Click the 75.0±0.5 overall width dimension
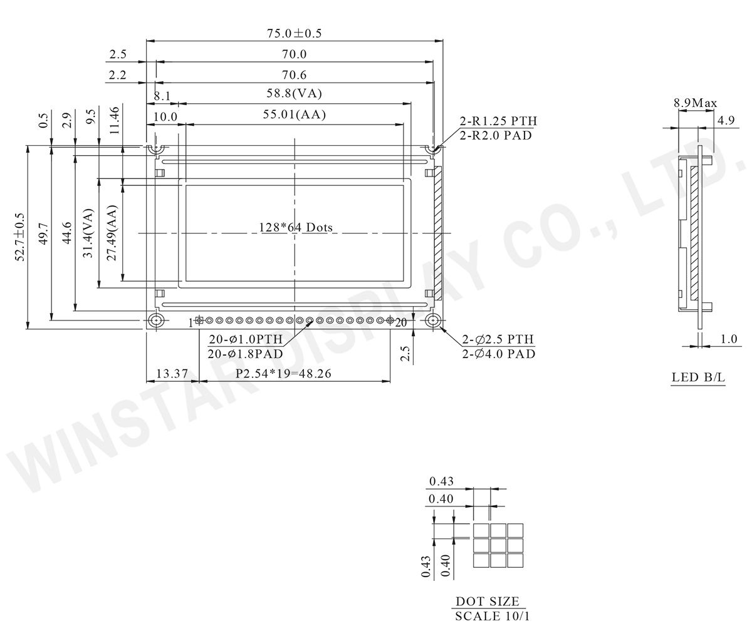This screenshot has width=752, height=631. [x=295, y=33]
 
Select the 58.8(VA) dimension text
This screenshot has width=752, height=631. [x=295, y=93]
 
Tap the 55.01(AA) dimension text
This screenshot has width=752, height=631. [x=295, y=115]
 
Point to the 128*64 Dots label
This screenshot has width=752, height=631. [x=296, y=227]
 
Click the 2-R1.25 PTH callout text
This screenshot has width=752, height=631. [x=498, y=121]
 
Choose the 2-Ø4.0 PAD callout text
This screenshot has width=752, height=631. [x=499, y=354]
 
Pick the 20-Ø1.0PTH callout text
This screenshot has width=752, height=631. [x=246, y=339]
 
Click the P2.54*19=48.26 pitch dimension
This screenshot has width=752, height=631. [x=283, y=374]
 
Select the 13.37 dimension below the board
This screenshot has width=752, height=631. [x=172, y=374]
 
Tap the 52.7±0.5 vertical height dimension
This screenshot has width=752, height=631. [x=19, y=237]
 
